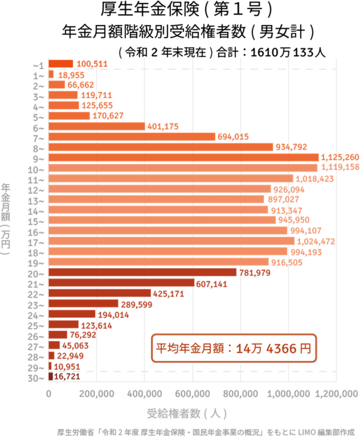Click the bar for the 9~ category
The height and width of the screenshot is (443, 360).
point(184,158)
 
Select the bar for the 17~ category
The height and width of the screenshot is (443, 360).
point(172,241)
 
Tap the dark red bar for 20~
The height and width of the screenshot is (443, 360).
point(142,273)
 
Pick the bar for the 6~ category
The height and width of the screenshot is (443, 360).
point(97,127)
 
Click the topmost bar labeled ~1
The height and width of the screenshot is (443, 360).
point(61,64)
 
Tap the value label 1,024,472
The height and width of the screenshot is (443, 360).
point(316,241)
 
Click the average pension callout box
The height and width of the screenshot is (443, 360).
point(233,348)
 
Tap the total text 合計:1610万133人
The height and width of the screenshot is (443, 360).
point(271,53)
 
